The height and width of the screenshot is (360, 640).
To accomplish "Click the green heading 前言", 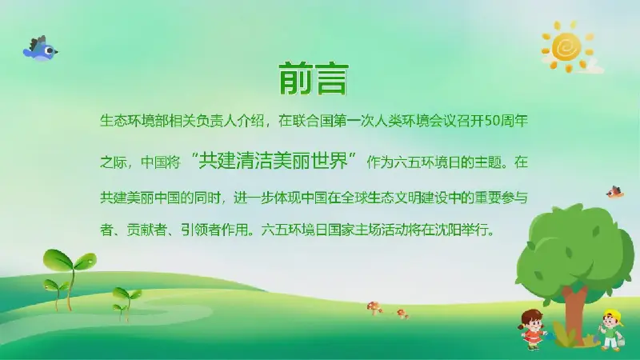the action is pos(314,78).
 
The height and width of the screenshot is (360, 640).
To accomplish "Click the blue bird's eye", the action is pos(50,50).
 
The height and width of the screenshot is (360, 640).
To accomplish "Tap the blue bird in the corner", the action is pos(41,49).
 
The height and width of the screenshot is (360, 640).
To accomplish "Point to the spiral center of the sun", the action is pos(566,47).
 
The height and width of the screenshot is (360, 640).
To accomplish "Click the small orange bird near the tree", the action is pos(614,192).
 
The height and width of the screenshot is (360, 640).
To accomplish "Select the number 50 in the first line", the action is pos(493,122).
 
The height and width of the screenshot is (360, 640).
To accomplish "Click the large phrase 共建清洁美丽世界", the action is pos(273,161).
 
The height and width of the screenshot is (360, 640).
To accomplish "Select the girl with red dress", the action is pos(532,329).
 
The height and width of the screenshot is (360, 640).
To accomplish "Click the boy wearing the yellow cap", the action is pos(611,330).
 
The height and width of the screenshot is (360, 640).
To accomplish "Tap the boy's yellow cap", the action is pos(614,315).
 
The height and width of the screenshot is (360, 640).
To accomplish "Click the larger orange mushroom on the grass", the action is pos(373,308).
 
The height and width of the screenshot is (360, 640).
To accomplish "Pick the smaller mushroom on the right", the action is pos(402,314).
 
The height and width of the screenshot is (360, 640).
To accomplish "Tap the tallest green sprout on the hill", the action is pos(70,278).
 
